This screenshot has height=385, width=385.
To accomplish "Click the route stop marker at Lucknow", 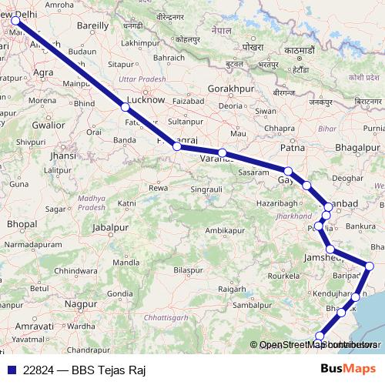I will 126,107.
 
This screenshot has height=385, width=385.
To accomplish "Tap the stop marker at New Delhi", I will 16,22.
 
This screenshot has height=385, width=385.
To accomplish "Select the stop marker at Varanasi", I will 222,153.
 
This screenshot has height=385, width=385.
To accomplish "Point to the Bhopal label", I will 22,223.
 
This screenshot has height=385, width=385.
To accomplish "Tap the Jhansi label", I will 63,156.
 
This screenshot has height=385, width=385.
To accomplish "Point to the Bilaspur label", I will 188,269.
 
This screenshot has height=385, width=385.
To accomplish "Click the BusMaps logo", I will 348,369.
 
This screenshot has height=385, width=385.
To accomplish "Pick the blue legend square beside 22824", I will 10,370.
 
